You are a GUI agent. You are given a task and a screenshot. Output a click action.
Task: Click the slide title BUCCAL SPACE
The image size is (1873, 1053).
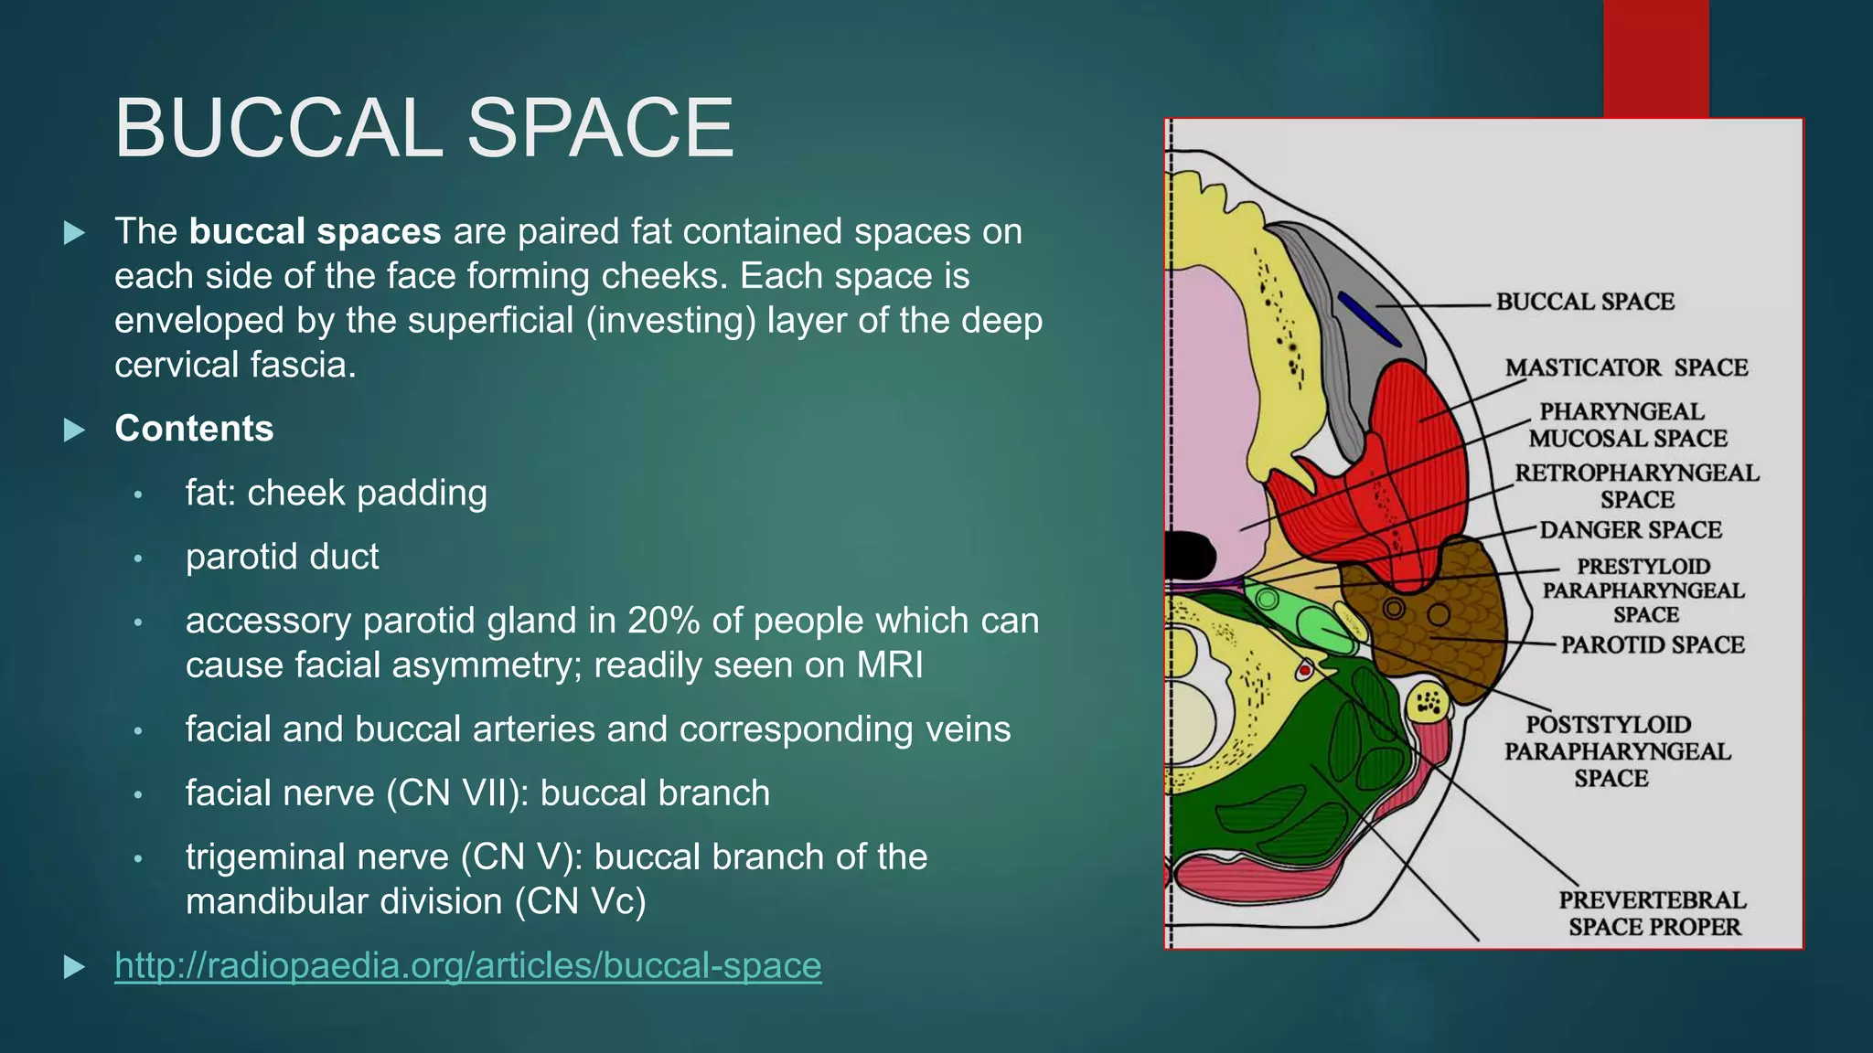pyautogui.click(x=423, y=129)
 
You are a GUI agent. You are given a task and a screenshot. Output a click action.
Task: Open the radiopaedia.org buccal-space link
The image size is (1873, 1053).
pyautogui.click(x=467, y=965)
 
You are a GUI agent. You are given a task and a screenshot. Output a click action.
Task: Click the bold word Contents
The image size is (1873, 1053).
pyautogui.click(x=194, y=429)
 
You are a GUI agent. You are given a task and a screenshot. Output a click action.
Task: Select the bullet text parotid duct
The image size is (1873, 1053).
pyautogui.click(x=282, y=557)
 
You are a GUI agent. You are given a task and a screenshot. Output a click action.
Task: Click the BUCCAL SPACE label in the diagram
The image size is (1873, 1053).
pyautogui.click(x=1584, y=302)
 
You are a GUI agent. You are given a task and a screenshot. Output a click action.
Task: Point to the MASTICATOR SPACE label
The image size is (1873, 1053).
pyautogui.click(x=1625, y=367)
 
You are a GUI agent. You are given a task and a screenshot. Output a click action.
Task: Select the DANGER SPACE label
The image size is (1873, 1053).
pyautogui.click(x=1630, y=530)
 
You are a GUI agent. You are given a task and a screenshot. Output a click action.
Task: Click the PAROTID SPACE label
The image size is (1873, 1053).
pyautogui.click(x=1652, y=645)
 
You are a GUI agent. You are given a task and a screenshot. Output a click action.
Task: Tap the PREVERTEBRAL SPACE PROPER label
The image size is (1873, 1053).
pyautogui.click(x=1654, y=913)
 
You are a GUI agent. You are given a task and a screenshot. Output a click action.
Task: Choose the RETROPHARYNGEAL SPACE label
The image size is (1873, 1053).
pyautogui.click(x=1636, y=486)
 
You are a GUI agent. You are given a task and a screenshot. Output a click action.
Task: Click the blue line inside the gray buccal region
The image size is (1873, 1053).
pyautogui.click(x=1368, y=318)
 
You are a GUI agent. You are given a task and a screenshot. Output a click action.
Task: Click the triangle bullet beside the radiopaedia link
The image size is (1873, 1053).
pyautogui.click(x=75, y=966)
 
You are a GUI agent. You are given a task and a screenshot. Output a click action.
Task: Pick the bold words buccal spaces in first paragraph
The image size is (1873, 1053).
pyautogui.click(x=315, y=232)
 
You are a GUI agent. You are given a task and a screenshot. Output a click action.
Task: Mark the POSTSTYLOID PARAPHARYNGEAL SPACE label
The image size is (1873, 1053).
pyautogui.click(x=1616, y=751)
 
